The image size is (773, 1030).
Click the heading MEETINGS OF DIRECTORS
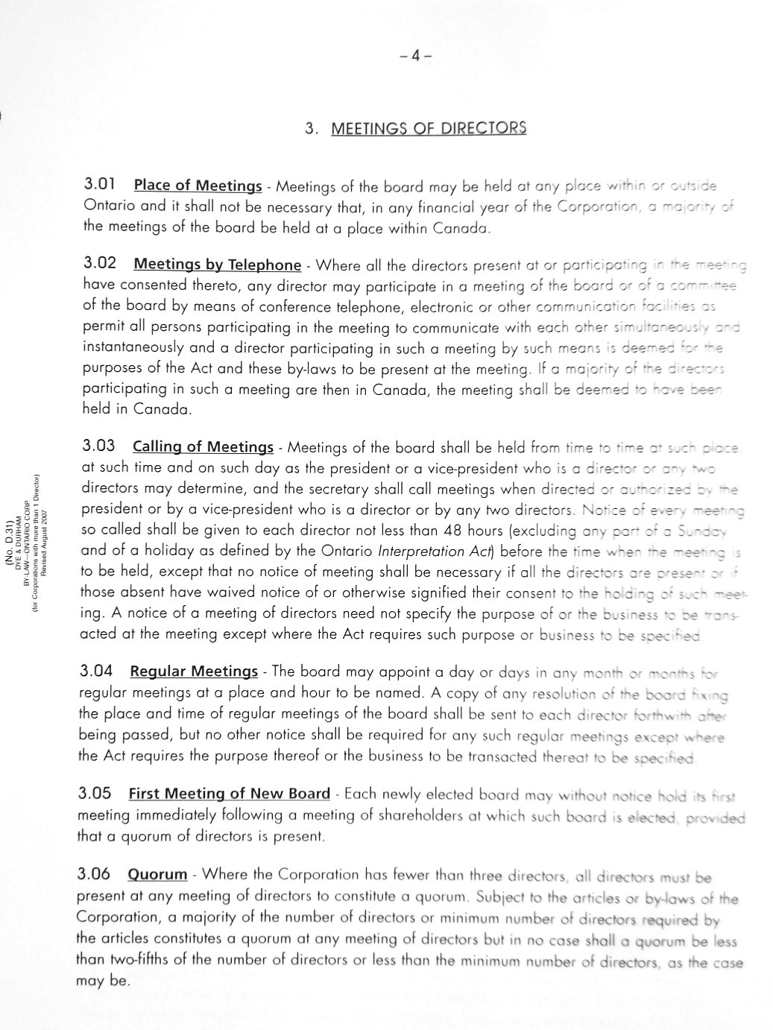429,128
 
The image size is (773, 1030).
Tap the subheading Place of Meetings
198,186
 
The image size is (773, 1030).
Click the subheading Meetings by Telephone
217,265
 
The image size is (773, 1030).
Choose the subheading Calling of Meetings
203,447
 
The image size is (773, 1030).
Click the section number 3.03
98,446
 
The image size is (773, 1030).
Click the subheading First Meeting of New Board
229,793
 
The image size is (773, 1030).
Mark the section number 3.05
95,792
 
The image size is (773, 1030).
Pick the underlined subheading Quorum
157,873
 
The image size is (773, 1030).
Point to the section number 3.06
94,873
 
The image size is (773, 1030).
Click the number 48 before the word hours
449,531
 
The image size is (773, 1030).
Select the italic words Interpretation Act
432,552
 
